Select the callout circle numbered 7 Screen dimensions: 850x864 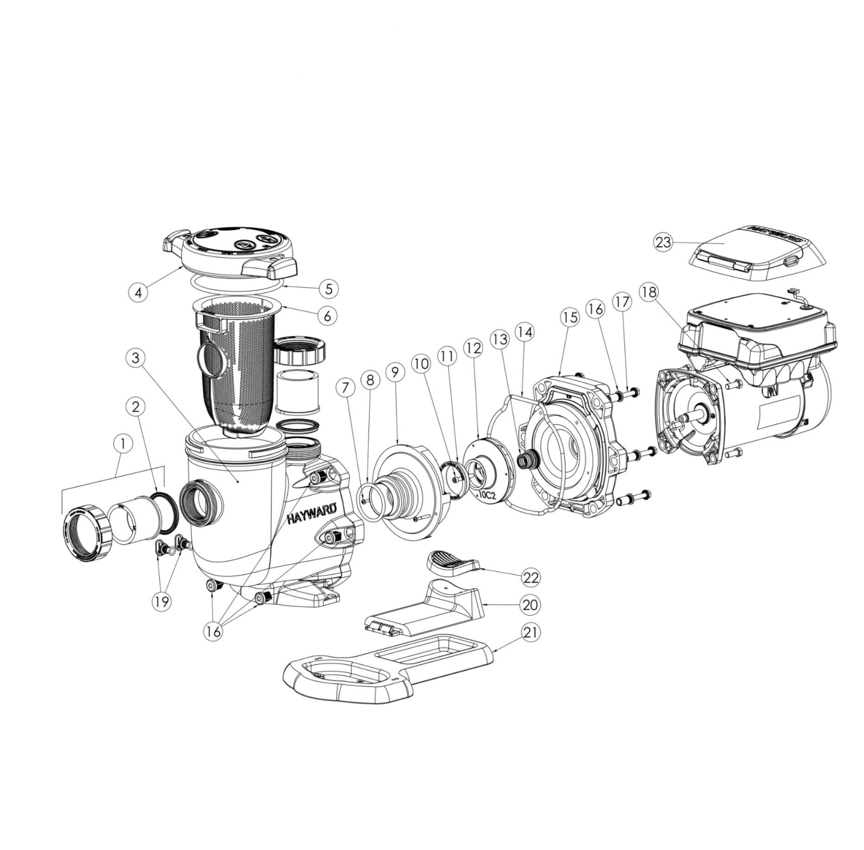345,387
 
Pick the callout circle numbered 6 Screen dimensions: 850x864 327,316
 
